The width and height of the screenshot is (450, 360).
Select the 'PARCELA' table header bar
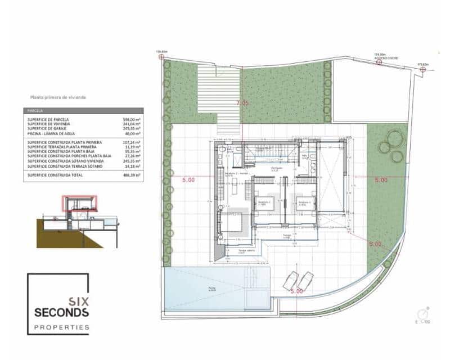click(83, 111)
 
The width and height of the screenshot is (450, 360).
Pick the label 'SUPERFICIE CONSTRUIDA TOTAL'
click(55, 175)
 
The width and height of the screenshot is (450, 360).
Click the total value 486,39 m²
click(132, 175)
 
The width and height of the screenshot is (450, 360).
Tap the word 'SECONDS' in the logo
click(61, 312)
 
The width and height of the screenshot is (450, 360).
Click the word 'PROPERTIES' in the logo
click(62, 327)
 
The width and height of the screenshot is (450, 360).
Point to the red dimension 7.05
click(242, 103)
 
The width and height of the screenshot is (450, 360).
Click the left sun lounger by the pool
click(291, 280)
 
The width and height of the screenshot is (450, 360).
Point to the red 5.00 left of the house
click(188, 180)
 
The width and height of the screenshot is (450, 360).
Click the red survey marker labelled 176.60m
click(161, 57)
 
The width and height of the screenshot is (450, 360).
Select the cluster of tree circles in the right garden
click(392, 145)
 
